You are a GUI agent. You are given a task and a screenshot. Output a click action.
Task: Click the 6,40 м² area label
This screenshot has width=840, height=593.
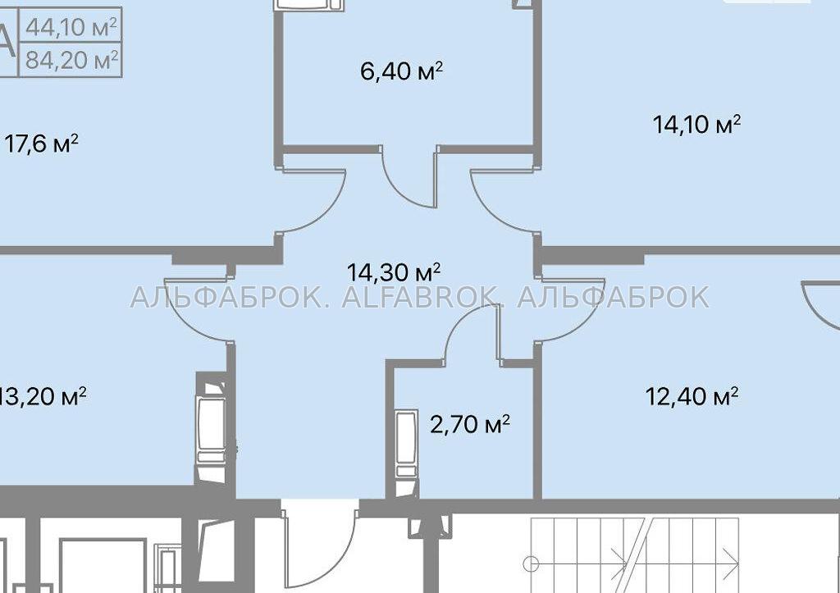(402, 71)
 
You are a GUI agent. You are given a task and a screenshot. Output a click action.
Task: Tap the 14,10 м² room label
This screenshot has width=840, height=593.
(696, 125)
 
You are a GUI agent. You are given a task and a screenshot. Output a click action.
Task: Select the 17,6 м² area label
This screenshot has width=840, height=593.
(41, 144)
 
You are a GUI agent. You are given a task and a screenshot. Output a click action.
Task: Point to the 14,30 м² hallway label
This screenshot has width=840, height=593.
(394, 272)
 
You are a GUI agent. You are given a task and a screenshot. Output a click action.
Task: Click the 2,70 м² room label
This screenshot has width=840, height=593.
(470, 424)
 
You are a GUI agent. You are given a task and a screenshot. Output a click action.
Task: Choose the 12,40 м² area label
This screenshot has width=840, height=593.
(692, 397)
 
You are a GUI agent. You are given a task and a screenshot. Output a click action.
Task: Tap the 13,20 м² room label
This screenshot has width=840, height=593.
(43, 397)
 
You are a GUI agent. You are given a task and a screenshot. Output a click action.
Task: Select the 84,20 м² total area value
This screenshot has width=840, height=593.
(71, 59)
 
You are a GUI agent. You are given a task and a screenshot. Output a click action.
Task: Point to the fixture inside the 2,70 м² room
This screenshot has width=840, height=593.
(407, 447)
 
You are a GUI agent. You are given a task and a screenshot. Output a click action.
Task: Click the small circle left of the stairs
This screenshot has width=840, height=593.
(531, 563)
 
